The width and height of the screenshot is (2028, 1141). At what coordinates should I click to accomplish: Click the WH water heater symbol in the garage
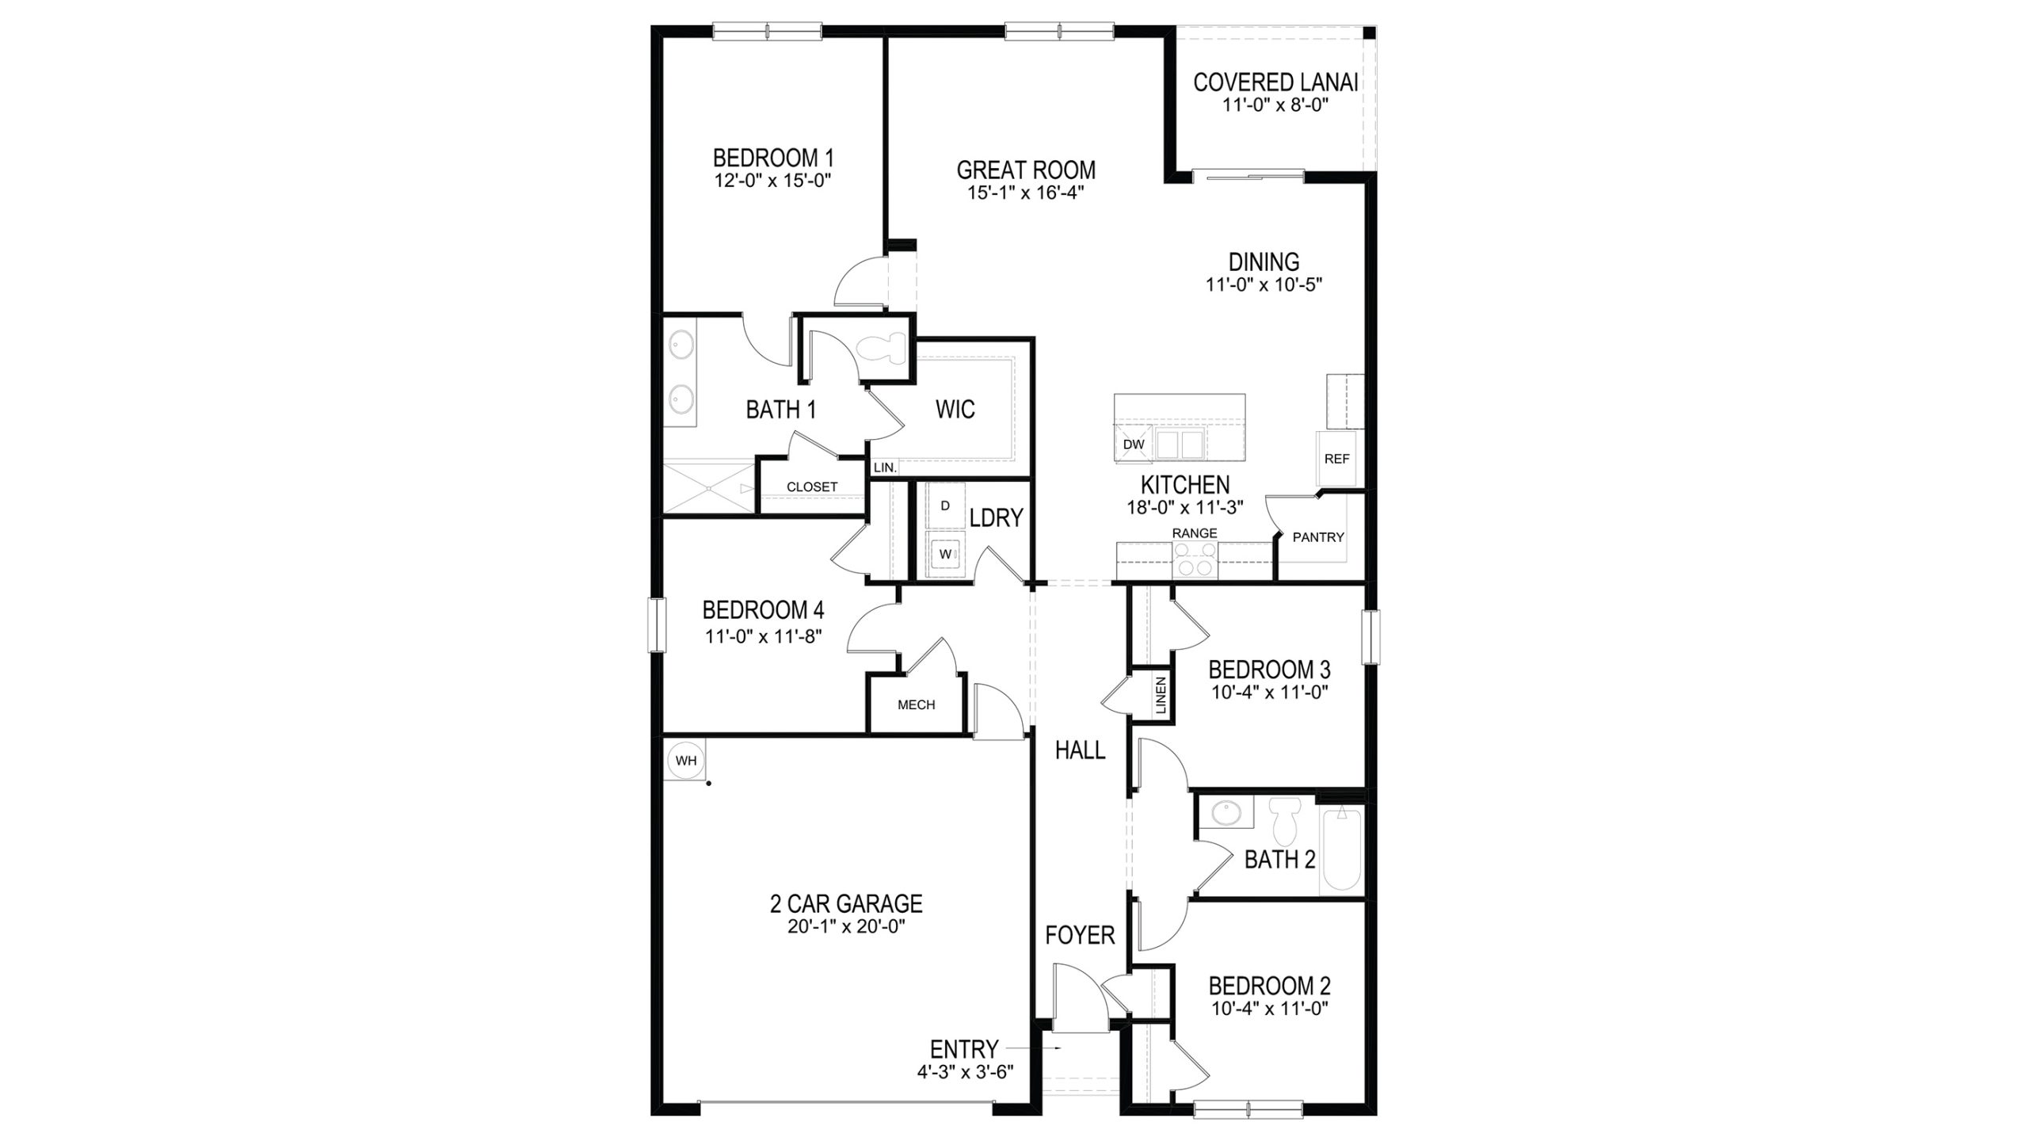[x=686, y=761]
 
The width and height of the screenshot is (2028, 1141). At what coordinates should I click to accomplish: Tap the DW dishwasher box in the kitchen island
[x=1134, y=445]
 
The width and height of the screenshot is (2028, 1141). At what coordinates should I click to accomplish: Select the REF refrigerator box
[x=1336, y=459]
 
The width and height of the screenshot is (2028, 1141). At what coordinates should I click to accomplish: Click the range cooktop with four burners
[x=1195, y=560]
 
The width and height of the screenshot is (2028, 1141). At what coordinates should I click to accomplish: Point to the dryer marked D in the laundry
[x=944, y=506]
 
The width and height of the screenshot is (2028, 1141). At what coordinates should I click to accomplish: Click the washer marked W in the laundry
[x=945, y=555]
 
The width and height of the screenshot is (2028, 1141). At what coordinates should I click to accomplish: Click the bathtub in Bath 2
[x=1341, y=851]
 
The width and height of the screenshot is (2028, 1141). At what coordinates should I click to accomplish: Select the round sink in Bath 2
[x=1224, y=812]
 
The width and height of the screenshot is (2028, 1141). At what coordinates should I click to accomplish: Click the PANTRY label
[x=1318, y=537]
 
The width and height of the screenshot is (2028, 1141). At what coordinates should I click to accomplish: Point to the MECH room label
[x=916, y=704]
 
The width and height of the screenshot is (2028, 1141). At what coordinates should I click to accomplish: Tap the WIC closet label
[x=955, y=410]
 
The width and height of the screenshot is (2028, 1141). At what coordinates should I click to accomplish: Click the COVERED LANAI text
[x=1275, y=82]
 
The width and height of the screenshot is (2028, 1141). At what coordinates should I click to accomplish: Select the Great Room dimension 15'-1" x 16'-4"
[x=1025, y=193]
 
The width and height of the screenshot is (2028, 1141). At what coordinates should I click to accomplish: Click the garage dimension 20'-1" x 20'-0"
[x=846, y=927]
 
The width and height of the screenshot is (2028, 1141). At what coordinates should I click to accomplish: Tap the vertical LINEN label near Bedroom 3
[x=1161, y=695]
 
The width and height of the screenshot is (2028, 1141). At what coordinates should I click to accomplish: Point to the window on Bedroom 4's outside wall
[x=657, y=624]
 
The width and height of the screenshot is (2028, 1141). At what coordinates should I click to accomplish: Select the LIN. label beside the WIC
[x=885, y=468]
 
